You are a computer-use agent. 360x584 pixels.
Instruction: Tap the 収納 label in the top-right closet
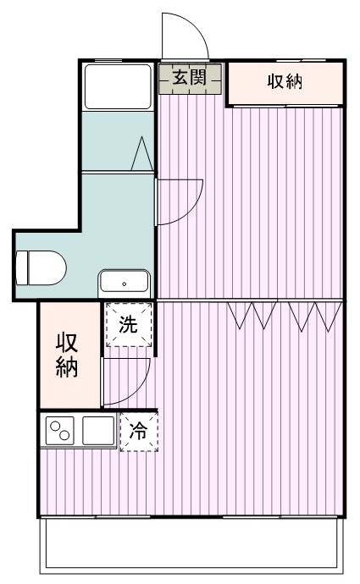[x=286, y=83]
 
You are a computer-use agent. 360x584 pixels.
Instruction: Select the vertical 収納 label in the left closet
[x=68, y=355]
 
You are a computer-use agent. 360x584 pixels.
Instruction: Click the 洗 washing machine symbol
[x=128, y=324]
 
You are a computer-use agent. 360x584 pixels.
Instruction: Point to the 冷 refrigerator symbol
[x=138, y=431]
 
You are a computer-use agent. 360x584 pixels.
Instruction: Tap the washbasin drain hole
[x=125, y=284]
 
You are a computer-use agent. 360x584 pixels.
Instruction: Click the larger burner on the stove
[x=64, y=435]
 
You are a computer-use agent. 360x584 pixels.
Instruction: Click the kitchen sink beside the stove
[x=98, y=431]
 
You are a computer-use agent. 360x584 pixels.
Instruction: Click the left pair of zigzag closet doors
[x=252, y=314]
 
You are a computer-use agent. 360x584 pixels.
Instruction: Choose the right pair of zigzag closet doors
[x=314, y=314]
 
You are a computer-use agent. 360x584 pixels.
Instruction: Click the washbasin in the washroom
[x=125, y=282]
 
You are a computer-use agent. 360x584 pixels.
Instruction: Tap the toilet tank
[x=23, y=268]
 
